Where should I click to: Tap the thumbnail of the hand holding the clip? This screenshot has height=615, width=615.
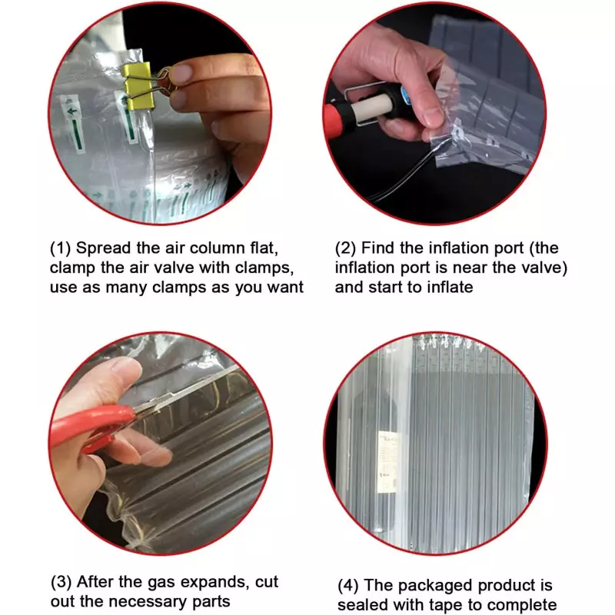[160, 114]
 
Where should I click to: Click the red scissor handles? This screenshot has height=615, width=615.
[94, 426]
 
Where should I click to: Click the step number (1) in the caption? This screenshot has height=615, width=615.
[61, 248]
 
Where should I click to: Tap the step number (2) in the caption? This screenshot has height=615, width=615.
[345, 248]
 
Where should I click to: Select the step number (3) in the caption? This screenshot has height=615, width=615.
[61, 582]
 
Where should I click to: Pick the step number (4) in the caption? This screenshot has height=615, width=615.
[348, 586]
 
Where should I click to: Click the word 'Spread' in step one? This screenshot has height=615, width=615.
[104, 248]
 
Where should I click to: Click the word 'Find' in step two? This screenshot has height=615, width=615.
[378, 248]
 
